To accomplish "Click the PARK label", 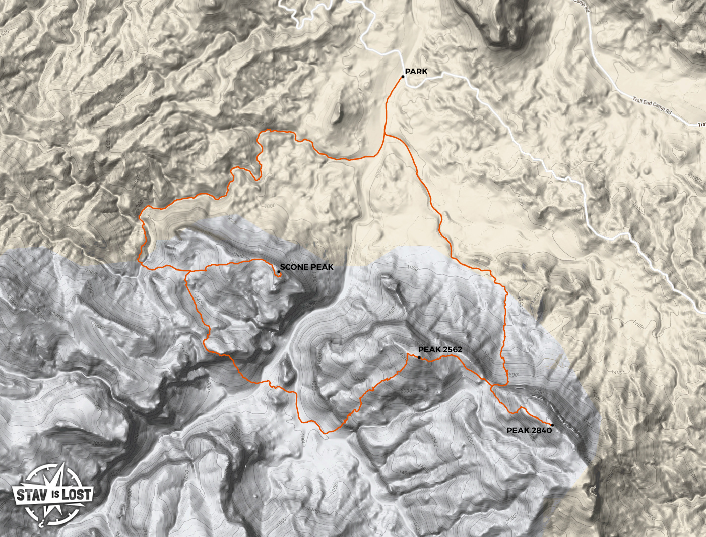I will point(416,72).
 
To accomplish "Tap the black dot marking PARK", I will point(403,77).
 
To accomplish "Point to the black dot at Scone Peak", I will point(279,272).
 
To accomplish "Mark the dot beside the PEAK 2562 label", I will point(419,357).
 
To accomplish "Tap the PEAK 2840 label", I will point(529,431).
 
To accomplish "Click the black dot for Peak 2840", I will point(553,425).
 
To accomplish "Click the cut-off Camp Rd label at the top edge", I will point(582,4).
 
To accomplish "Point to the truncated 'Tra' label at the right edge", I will point(701,124).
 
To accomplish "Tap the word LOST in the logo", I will point(77,494).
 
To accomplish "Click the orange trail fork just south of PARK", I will point(384,135).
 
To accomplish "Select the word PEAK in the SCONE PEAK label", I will point(322,267).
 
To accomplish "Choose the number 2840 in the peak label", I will point(541,431).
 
